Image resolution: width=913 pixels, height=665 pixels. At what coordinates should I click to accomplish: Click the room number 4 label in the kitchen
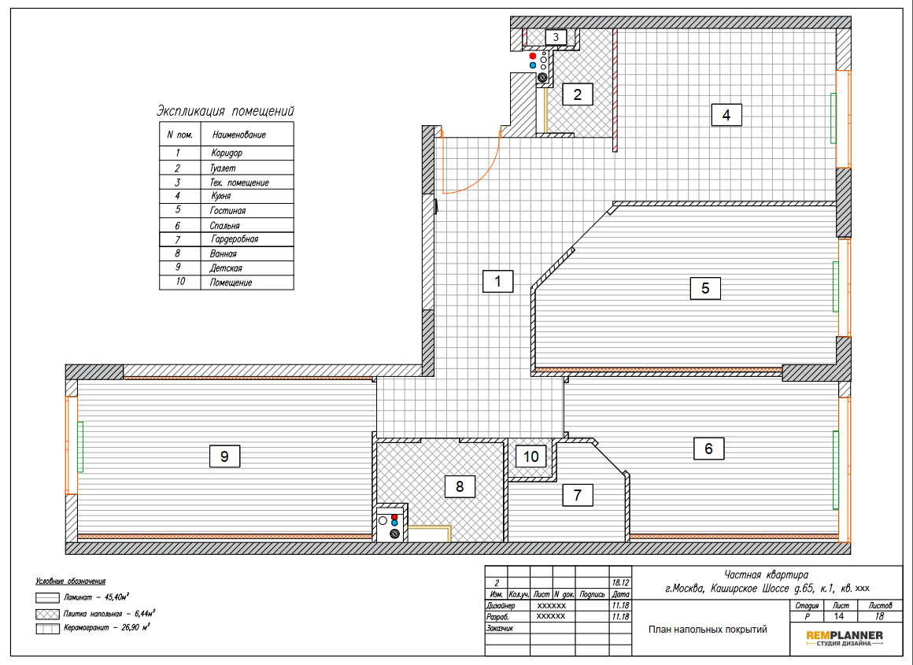point(726,115)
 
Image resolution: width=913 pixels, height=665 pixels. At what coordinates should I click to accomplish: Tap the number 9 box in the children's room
point(224,456)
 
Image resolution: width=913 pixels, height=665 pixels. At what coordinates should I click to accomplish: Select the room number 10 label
point(531,456)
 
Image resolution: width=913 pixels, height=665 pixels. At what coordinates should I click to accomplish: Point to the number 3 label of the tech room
point(556,37)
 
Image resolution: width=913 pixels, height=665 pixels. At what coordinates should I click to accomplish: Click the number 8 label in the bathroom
point(460,486)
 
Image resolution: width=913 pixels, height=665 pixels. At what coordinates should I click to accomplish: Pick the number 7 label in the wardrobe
point(577,495)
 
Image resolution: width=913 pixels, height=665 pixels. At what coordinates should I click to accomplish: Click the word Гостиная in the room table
point(227,211)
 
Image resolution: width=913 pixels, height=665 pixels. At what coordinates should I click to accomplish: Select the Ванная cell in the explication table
point(223,254)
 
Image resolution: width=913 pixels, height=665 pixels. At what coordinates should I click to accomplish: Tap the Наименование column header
point(239,135)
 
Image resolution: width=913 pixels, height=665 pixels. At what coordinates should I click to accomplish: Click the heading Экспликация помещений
point(225,111)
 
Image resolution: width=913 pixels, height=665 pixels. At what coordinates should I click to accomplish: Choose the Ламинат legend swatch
point(47,598)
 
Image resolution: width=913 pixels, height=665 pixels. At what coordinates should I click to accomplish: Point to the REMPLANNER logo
point(845,637)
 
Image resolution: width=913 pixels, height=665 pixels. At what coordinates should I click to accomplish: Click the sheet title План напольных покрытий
point(708,630)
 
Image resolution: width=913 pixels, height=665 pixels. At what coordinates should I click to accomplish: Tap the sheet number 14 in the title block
point(838,616)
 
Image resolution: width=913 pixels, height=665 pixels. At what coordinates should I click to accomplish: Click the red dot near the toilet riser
point(532,56)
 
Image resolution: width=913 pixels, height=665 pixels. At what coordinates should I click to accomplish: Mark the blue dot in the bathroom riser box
point(394,523)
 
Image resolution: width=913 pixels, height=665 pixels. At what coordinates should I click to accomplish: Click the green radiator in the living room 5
point(836,286)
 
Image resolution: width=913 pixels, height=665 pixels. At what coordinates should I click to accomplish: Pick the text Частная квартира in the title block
point(767,575)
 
